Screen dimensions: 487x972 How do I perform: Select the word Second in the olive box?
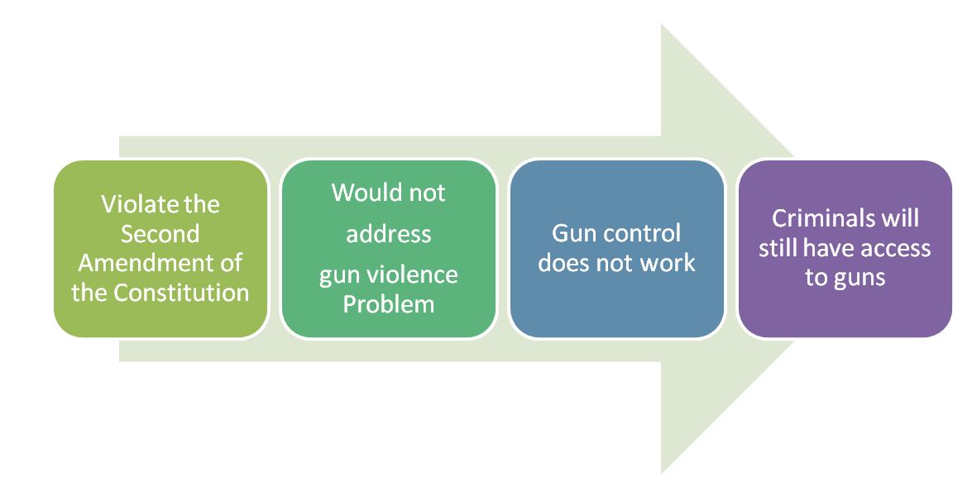tap(160, 233)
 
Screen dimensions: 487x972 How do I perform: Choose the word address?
tap(388, 234)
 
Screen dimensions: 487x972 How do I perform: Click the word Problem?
tap(388, 303)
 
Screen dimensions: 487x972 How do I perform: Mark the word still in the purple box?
tap(778, 247)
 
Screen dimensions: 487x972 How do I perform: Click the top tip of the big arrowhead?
tap(662, 25)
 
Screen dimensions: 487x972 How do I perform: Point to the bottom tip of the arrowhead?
tap(662, 473)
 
